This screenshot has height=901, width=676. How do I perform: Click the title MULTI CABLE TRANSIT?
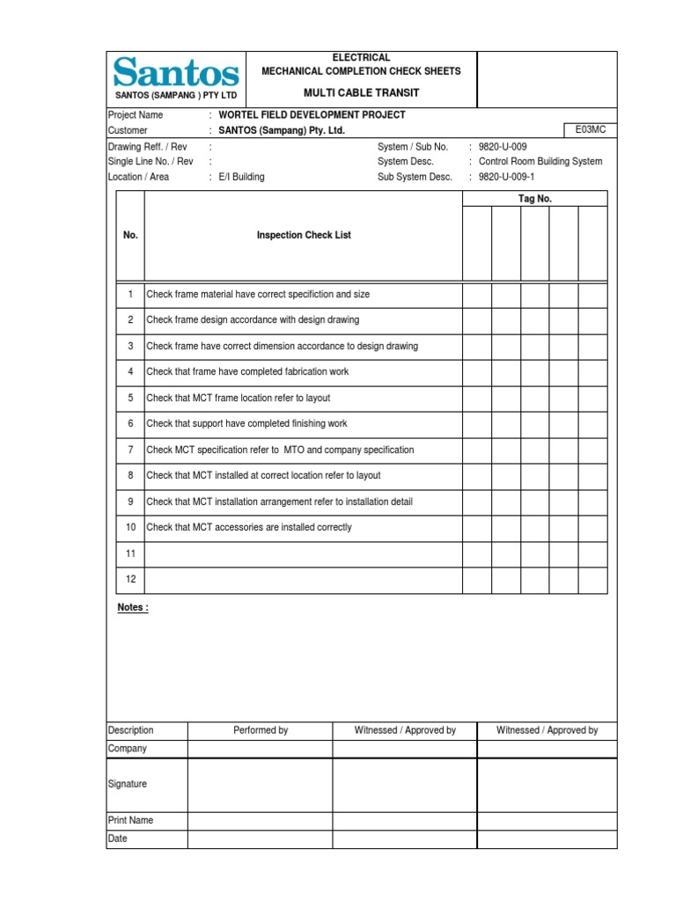point(361,93)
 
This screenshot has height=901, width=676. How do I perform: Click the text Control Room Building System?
point(540,162)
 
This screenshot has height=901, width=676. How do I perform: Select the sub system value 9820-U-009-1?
point(507,177)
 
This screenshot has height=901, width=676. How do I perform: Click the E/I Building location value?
point(240,177)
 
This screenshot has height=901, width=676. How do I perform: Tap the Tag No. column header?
point(534,199)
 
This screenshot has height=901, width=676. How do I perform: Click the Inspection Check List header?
point(304,236)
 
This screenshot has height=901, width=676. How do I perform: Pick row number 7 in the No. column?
point(130,450)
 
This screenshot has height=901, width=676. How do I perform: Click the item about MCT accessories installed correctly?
point(249,528)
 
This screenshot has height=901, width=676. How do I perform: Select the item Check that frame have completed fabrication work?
point(247,372)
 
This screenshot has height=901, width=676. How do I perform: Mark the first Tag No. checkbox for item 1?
point(477,295)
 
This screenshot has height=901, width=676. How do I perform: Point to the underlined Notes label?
point(133,608)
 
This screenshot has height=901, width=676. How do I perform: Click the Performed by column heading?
point(261,730)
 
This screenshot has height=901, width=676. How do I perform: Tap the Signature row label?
point(128,784)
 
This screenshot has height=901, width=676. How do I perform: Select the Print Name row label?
point(130,820)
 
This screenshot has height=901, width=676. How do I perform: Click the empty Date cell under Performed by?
point(261,839)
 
